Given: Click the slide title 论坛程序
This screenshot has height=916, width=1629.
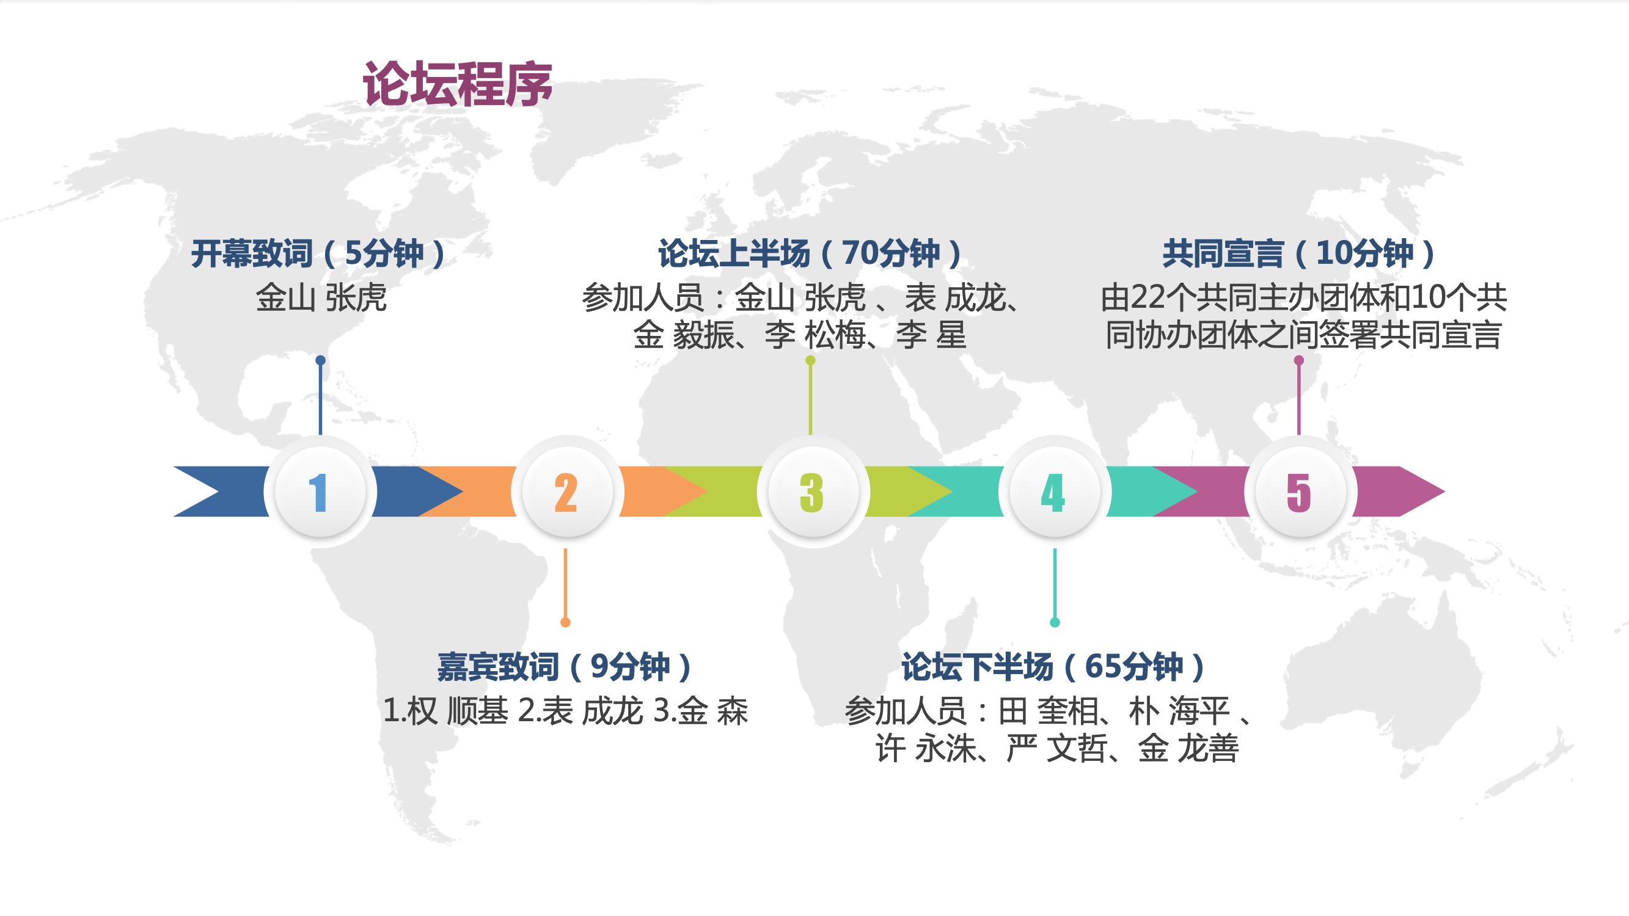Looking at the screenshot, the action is [x=457, y=84].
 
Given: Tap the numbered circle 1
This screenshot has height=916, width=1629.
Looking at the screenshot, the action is [x=321, y=491].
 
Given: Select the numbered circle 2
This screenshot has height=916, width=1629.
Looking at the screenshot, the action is [x=566, y=491].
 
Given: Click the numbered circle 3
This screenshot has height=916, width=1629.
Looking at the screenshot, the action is [x=813, y=491].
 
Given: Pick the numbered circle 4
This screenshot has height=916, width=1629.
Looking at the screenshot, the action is [x=1054, y=491].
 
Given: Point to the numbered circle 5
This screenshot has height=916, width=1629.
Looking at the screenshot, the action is [x=1300, y=491].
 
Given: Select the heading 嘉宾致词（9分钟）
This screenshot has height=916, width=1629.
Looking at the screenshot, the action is [x=565, y=666].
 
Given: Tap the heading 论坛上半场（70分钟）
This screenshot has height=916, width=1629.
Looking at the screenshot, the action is [x=811, y=253].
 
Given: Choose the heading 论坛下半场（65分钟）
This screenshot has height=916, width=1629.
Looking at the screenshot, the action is [x=1054, y=666].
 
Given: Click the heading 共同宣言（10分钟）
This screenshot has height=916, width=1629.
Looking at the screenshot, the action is [x=1300, y=253].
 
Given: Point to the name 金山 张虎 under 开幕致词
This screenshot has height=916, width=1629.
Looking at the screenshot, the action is [x=321, y=297].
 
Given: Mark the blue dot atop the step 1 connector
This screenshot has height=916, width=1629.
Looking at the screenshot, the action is [x=321, y=360].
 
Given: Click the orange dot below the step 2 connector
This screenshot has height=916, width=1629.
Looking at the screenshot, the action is [x=565, y=623].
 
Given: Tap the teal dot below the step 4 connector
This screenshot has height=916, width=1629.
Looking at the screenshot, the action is [x=1055, y=623].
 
